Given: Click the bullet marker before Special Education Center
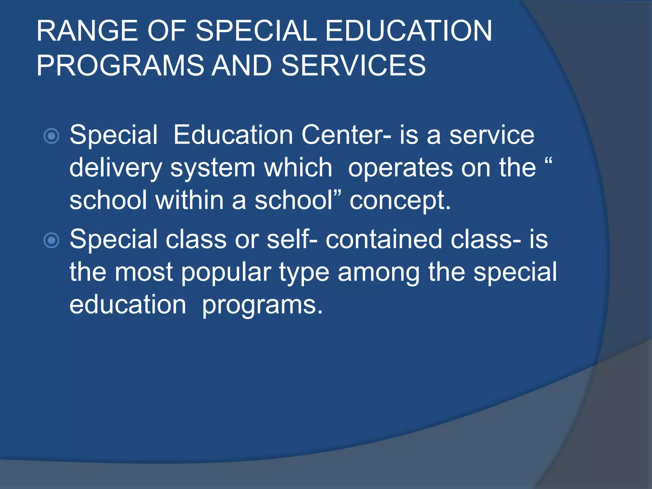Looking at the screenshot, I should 51,136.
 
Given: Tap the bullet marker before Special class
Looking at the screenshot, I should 51,240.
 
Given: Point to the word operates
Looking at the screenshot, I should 400,168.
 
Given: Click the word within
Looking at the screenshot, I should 190,200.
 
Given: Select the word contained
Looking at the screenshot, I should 384,239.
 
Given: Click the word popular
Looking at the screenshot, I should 226,273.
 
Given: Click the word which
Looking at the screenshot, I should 298,168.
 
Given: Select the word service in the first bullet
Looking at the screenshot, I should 492,135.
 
